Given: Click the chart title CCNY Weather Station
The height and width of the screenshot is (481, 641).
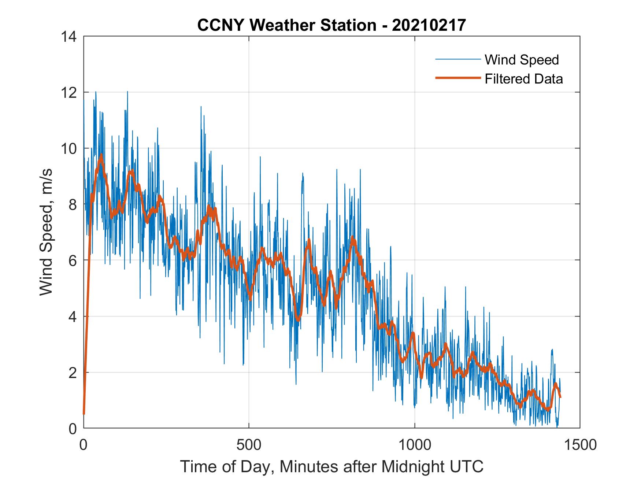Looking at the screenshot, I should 286,25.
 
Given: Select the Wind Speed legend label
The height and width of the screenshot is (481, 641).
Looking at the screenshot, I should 522,60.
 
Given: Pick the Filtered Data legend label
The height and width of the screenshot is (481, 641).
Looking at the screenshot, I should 523,79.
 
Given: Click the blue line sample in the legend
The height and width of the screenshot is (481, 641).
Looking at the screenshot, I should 457,59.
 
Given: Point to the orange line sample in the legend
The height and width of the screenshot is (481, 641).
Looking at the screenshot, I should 457,78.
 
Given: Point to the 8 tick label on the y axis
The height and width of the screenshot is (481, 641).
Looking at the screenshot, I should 73,204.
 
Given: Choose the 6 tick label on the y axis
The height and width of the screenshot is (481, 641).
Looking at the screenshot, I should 73,260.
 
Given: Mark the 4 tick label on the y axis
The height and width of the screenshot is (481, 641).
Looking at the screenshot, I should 73,317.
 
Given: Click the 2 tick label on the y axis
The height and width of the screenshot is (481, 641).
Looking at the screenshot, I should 73,373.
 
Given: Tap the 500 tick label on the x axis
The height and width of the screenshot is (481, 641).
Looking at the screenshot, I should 249,445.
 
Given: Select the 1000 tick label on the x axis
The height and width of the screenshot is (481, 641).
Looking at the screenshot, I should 414,445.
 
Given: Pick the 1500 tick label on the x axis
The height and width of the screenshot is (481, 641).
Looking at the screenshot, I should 579,445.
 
